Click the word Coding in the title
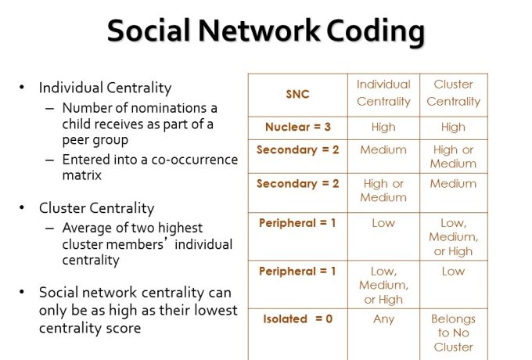(x=376, y=31)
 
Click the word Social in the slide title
(x=149, y=31)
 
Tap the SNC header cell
(x=297, y=95)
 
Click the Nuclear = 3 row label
(x=298, y=127)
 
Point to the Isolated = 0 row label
(x=297, y=319)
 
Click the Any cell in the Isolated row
(x=383, y=319)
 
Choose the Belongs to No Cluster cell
(x=453, y=333)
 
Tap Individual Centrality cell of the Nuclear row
(x=383, y=128)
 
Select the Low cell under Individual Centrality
(x=383, y=223)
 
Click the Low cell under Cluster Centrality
(x=453, y=272)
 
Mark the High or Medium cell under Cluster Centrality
(x=453, y=157)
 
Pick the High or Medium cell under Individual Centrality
(x=383, y=190)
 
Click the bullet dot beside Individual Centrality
(x=22, y=88)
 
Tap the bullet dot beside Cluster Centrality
(x=22, y=207)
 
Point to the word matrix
(x=82, y=175)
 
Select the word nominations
(x=169, y=108)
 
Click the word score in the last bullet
(x=124, y=329)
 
